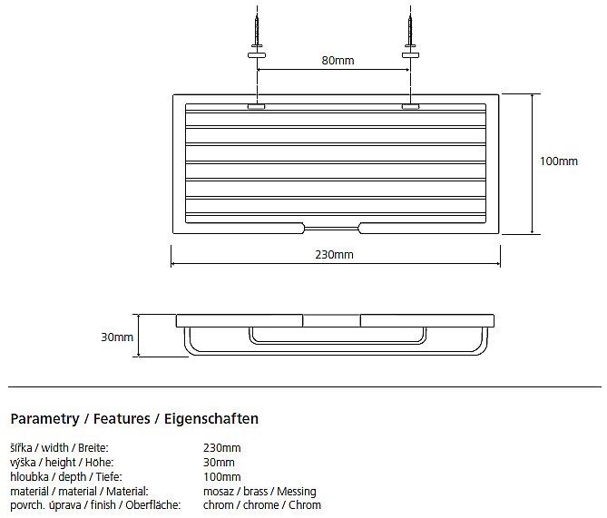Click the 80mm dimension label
338,61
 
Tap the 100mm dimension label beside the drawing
559,161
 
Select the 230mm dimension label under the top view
334,255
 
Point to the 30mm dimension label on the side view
117,337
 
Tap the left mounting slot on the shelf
256,106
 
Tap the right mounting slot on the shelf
410,106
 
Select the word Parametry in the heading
44,419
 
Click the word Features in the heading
122,418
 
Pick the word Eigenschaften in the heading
211,419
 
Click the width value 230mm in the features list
221,448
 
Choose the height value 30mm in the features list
219,463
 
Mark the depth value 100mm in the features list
221,476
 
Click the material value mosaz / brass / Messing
259,492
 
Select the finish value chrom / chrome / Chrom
262,505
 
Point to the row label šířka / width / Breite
59,448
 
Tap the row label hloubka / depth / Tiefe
66,477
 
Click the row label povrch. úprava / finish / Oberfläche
95,505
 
